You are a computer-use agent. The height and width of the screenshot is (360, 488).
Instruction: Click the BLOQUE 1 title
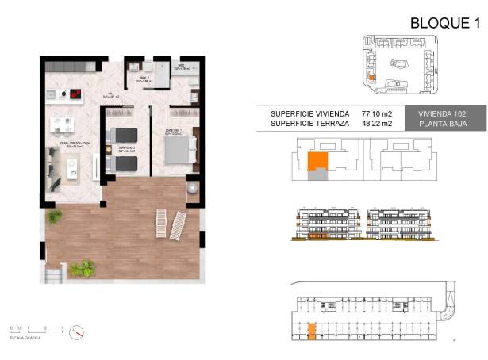click(445, 23)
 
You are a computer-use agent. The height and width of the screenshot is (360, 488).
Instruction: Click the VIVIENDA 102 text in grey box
click(443, 114)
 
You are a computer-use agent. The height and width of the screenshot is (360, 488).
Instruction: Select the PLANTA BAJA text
click(443, 124)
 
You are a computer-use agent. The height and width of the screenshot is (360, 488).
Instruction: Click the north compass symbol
click(75, 330)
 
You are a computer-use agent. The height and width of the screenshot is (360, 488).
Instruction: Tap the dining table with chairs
click(62, 124)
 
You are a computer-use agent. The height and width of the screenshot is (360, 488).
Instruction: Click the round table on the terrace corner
click(194, 189)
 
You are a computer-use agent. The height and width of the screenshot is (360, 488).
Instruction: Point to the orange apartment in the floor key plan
click(317, 162)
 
